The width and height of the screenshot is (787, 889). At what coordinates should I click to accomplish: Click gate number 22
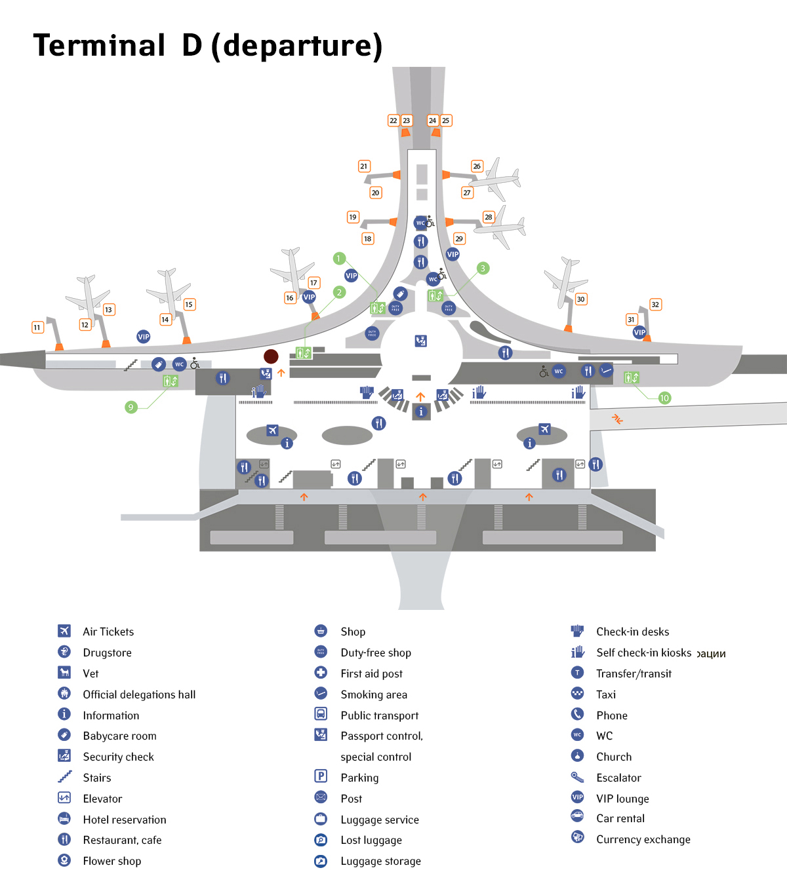coord(393,121)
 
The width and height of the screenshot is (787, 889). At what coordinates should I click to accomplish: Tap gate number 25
coord(446,121)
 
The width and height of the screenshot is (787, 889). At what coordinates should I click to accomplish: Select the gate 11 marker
coord(37,327)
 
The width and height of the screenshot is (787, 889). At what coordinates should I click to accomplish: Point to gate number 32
coord(655,305)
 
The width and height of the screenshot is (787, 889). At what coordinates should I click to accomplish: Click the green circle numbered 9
coord(131,407)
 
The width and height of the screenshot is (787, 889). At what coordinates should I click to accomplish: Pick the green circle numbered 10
coord(664,398)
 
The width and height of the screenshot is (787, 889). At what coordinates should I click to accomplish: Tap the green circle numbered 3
coord(483,268)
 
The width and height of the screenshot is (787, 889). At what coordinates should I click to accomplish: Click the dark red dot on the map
coord(271,356)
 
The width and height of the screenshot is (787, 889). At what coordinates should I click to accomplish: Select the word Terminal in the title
coord(100,46)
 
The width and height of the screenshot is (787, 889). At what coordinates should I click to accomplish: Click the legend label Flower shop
coord(111,861)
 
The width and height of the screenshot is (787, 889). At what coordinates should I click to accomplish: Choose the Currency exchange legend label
coord(643,839)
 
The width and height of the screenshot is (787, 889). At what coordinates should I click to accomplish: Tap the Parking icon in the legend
coord(321,776)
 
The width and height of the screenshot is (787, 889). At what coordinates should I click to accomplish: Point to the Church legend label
coord(614,757)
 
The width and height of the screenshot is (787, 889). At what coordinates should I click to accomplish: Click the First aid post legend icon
coord(321,672)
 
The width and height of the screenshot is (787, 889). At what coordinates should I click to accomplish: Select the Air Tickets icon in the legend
coord(64,630)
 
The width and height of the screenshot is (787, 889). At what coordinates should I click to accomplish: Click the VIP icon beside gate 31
coord(639,332)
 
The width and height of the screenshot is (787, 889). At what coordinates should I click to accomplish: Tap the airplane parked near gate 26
coord(498,178)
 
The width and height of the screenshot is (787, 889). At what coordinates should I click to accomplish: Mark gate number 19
coord(353,217)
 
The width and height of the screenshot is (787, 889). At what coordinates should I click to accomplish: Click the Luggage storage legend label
coord(380,861)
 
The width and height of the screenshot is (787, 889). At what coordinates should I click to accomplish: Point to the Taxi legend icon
coord(577,693)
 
